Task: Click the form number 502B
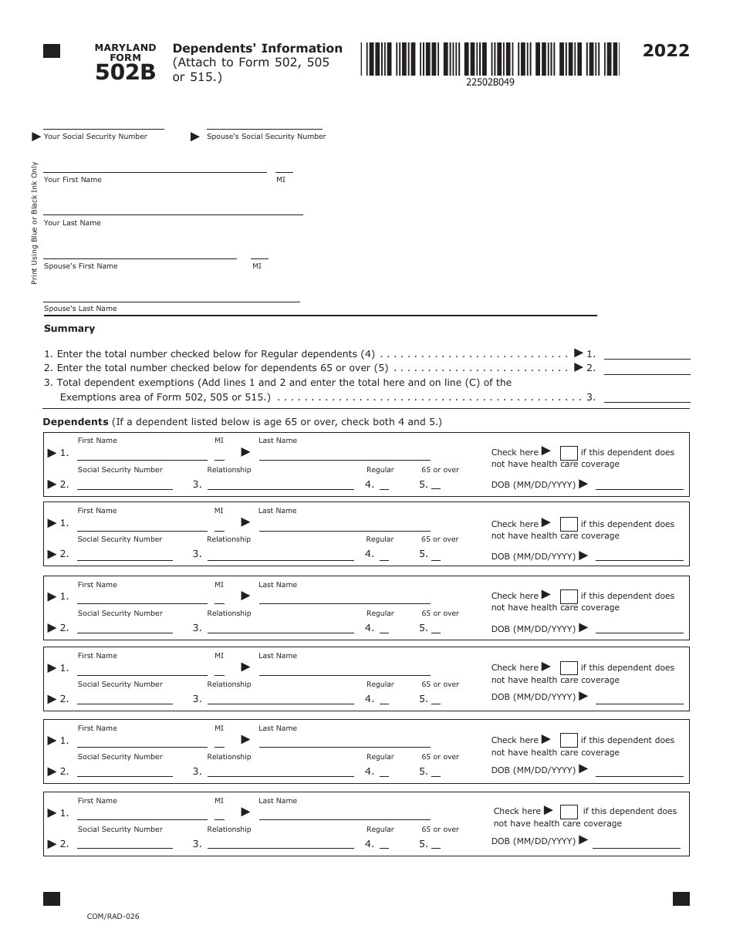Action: coord(125,73)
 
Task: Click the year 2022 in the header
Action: coord(666,51)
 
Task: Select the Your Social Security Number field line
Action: coord(103,127)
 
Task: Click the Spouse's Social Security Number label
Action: coord(266,137)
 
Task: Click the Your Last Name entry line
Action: coord(173,213)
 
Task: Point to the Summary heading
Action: coord(69,329)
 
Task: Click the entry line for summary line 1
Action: coord(647,357)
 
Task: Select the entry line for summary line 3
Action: coord(647,400)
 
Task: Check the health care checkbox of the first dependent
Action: coord(569,453)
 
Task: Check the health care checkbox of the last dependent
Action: coord(569,812)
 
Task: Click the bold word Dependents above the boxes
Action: coord(76,422)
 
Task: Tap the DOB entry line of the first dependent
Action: coord(640,488)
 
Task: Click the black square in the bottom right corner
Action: coord(681,899)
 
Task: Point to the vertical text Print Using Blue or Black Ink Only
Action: coord(34,223)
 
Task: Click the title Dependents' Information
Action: coord(258,48)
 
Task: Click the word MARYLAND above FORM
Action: coord(125,48)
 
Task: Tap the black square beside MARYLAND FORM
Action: coord(52,51)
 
